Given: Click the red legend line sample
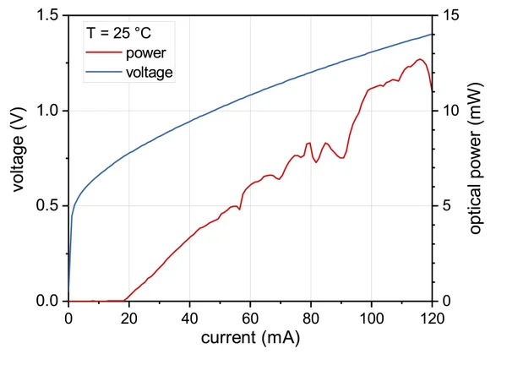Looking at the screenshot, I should pos(102,54).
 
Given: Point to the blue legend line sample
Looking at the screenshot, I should pos(102,73).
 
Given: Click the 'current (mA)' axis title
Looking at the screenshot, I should pos(250,338).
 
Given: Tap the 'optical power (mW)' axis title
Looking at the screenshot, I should pos(476,158).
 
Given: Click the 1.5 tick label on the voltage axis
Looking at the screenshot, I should pos(47,16).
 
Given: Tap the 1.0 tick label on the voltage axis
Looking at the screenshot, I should pos(47,111).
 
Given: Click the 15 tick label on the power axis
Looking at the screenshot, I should pos(449,16).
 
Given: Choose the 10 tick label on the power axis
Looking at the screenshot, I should pos(449,111).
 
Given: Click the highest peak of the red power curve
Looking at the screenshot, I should pos(419,59).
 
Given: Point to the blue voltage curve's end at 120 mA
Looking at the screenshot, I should pos(433,34).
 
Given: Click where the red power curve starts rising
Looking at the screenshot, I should pos(126,299).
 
